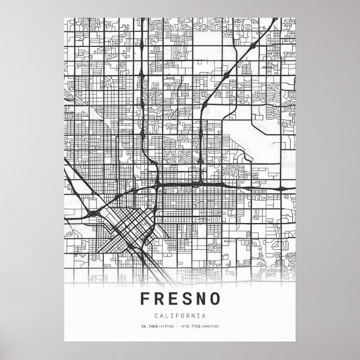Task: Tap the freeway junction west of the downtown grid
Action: (92, 213)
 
